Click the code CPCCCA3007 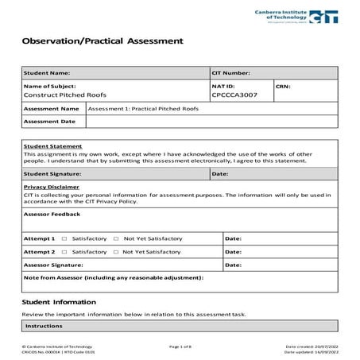[234, 95]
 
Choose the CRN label [284, 85]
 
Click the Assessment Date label [49, 122]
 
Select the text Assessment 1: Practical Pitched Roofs [143, 108]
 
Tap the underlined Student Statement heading [52, 147]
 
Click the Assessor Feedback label [52, 214]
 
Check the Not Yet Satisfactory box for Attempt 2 [116, 251]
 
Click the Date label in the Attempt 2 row [234, 251]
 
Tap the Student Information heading [59, 302]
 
